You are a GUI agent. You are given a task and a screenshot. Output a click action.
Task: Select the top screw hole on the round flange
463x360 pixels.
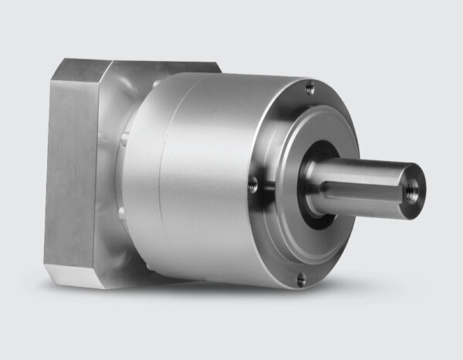pyautogui.click(x=310, y=89)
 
